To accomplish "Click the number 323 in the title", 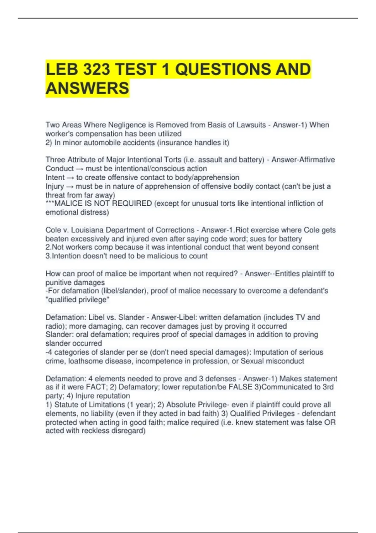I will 96,69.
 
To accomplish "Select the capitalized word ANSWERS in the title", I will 87,88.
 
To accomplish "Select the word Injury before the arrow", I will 55,186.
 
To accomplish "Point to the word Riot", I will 242,230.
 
